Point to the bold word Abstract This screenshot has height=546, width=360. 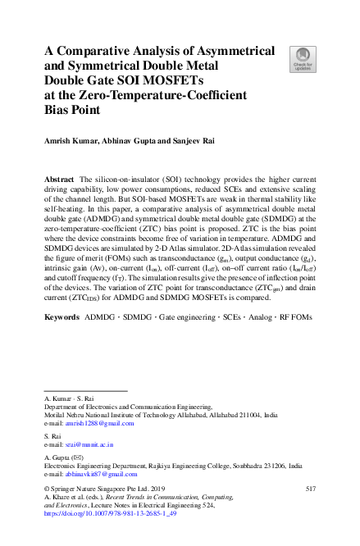60,179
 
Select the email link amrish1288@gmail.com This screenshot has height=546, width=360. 99,423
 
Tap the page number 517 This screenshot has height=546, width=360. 310,489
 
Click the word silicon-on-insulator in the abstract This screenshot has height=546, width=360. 128,179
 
